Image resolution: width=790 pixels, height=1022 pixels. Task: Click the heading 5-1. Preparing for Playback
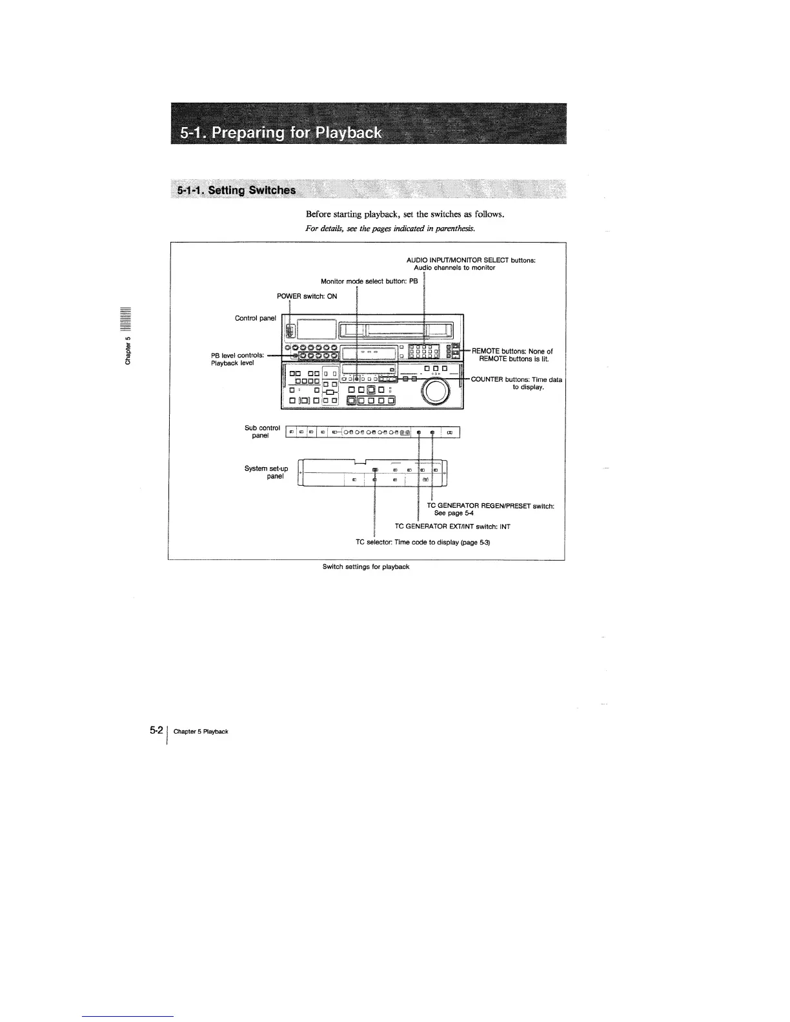[281, 134]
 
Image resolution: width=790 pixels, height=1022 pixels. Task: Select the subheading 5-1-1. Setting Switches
[237, 190]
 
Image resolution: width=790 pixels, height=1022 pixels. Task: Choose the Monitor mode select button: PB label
[369, 281]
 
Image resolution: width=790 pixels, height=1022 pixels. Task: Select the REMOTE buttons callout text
[513, 355]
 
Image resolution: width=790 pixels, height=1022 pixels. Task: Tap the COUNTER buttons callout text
[516, 383]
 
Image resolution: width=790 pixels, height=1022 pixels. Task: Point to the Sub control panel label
[262, 432]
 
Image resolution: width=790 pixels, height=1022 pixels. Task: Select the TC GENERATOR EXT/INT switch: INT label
[452, 526]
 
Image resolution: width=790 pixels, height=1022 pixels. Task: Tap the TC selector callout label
[423, 543]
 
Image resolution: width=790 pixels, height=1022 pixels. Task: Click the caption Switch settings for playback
[366, 566]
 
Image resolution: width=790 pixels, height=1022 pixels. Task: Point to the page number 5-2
[155, 730]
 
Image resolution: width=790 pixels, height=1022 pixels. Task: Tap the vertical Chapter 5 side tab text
[128, 350]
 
